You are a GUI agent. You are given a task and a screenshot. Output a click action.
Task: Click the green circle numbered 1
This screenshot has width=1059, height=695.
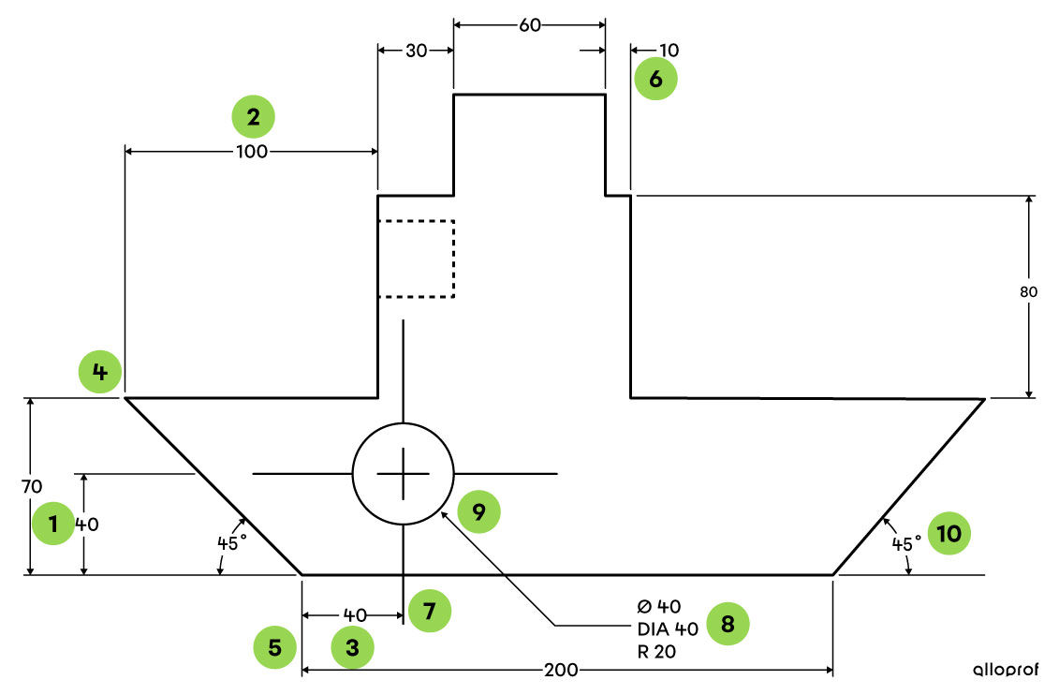pos(52,525)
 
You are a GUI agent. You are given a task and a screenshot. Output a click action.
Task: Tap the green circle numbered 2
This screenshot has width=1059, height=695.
pos(253,117)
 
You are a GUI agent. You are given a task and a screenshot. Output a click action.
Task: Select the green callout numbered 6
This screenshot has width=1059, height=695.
pos(655,79)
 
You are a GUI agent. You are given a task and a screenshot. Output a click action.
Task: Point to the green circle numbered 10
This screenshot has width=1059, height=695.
pos(949,534)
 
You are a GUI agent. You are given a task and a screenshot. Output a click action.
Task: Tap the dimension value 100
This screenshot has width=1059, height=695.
pos(252,152)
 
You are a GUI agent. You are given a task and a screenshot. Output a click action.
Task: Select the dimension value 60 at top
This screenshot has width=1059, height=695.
pos(530,25)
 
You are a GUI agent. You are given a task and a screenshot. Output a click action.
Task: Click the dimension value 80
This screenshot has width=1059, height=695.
pos(1029,291)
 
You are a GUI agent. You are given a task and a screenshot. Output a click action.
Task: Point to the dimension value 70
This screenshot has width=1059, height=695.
pos(31,486)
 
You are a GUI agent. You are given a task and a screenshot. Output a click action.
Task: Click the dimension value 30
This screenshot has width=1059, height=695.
pos(417,51)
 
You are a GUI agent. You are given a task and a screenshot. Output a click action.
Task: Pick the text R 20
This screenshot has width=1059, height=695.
pos(655,651)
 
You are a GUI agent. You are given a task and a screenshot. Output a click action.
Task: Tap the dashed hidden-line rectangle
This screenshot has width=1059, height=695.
pos(416,259)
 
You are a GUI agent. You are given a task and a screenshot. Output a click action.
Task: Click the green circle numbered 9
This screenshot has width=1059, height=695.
pos(478,511)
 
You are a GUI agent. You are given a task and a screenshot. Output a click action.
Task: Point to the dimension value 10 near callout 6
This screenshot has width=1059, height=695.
pos(669,51)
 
